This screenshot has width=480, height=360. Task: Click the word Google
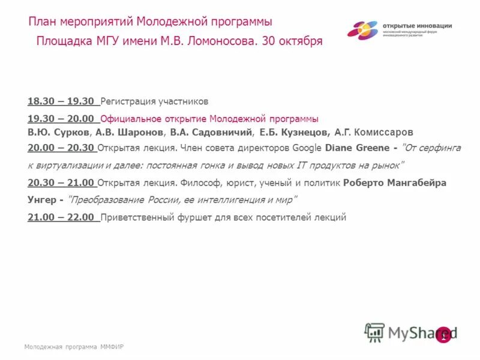click(x=308, y=148)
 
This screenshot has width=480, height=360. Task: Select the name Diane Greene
click(x=357, y=148)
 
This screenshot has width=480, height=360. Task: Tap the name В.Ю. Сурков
click(x=59, y=132)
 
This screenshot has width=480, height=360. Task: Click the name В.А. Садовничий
click(x=211, y=132)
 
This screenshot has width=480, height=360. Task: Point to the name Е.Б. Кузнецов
click(x=295, y=132)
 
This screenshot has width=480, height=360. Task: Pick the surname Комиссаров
click(x=384, y=132)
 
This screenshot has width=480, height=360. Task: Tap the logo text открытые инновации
click(x=417, y=26)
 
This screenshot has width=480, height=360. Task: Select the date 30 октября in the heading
click(x=293, y=41)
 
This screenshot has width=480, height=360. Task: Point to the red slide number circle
click(x=443, y=335)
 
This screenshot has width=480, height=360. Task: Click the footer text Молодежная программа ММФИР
click(x=74, y=347)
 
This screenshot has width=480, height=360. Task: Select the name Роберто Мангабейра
click(x=395, y=183)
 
